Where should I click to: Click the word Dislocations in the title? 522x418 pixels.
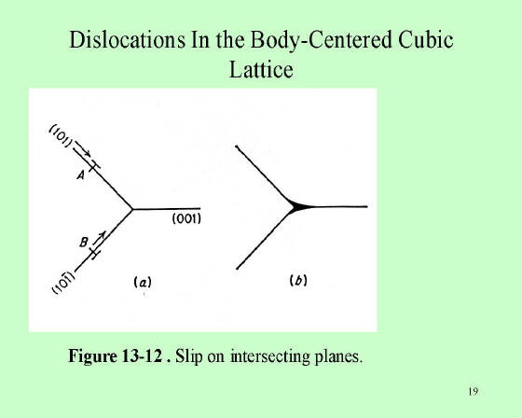coord(127,40)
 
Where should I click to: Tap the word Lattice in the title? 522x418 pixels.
coord(261,69)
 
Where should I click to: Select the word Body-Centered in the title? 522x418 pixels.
coord(321,41)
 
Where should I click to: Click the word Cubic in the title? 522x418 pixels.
coord(425,40)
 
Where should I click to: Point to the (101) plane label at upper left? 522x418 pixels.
coord(61,136)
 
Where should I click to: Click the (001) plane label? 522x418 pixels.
coord(186,219)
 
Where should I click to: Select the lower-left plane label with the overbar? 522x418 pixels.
coord(64,283)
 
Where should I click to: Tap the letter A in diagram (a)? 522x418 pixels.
coord(80,175)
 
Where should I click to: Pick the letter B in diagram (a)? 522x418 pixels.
coord(84,242)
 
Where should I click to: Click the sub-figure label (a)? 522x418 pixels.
coord(143,283)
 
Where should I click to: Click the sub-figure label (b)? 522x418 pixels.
coord(298,281)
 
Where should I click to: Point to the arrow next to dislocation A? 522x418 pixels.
coord(83,148)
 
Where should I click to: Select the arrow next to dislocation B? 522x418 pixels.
coord(100,237)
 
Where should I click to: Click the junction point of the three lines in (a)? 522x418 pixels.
coord(132,209)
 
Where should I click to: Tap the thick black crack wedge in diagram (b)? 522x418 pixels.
coord(299,206)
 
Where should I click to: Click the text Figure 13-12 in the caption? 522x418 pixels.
coord(116,356)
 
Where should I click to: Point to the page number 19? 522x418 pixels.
coord(474,391)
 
